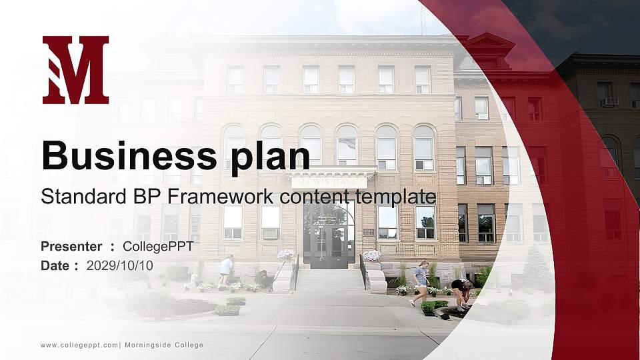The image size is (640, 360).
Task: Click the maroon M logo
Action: (75, 70)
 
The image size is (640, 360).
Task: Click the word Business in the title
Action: (129, 155)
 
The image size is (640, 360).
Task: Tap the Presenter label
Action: (71, 247)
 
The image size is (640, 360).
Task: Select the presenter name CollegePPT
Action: (158, 247)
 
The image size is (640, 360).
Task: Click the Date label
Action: (55, 266)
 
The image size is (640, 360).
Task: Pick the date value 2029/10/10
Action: (119, 266)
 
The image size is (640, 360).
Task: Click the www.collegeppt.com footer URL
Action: (79, 345)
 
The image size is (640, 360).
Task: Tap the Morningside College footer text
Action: (164, 345)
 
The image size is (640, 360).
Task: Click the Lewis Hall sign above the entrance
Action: (329, 182)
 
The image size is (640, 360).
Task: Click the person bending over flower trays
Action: (461, 293)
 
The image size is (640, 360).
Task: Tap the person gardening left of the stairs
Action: (225, 271)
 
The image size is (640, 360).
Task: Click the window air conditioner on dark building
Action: (609, 101)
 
